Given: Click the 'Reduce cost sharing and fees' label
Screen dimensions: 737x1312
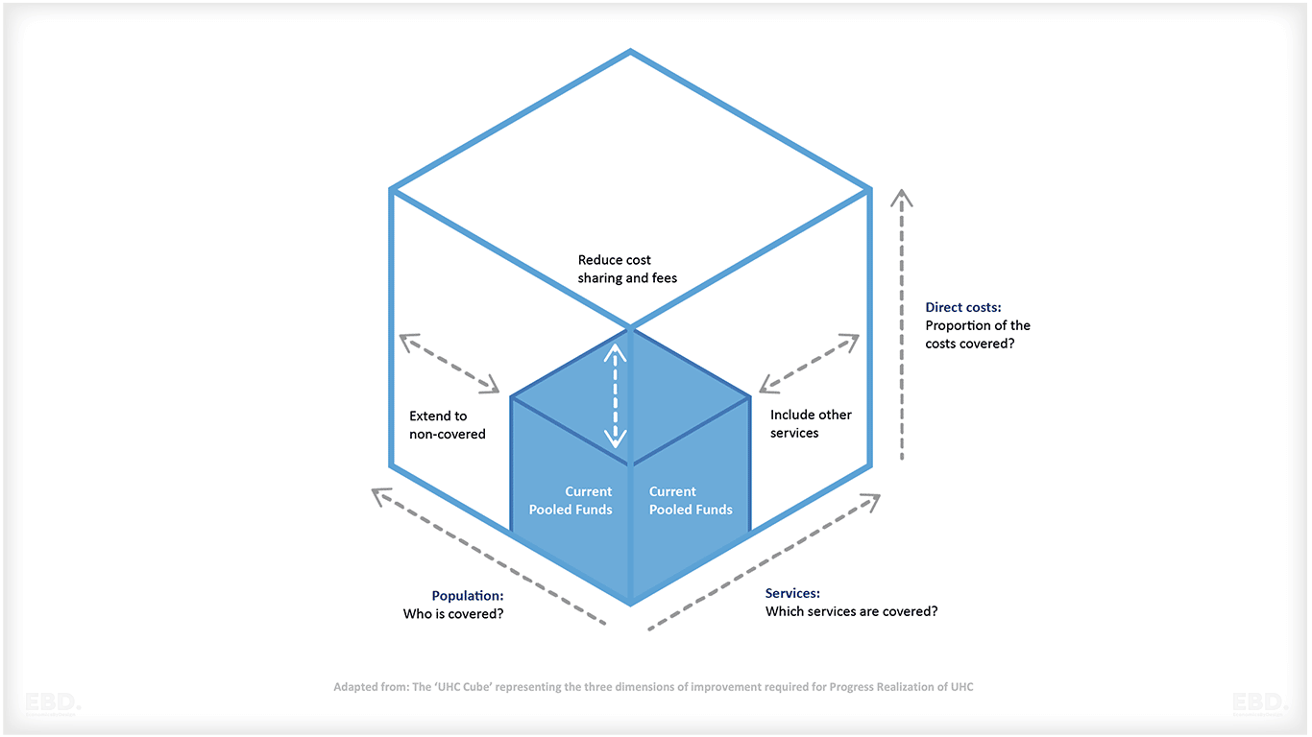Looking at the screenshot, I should pyautogui.click(x=627, y=270).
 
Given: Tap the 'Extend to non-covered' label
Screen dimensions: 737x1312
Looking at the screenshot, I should pyautogui.click(x=448, y=425).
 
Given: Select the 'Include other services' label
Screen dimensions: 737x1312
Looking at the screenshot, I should pyautogui.click(x=811, y=424).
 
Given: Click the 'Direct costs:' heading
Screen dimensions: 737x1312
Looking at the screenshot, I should pyautogui.click(x=963, y=308).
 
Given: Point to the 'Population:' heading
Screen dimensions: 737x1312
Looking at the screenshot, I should pyautogui.click(x=468, y=596).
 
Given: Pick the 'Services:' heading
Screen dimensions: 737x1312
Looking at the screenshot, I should pyautogui.click(x=792, y=594).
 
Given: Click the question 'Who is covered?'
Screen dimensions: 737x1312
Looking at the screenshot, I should pyautogui.click(x=453, y=614).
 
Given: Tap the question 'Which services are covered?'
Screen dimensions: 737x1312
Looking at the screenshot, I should pyautogui.click(x=851, y=611).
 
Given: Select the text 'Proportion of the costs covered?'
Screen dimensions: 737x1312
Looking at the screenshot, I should pyautogui.click(x=978, y=334).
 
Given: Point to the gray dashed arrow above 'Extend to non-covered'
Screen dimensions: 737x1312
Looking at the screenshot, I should pyautogui.click(x=449, y=363).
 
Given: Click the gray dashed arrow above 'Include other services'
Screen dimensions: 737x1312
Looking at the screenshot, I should pyautogui.click(x=809, y=364).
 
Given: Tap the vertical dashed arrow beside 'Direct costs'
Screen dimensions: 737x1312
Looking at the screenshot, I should pyautogui.click(x=901, y=324).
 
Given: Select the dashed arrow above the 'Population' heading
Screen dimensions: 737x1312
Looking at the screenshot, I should pyautogui.click(x=488, y=557).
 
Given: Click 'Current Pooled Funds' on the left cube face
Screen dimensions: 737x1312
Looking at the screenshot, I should pyautogui.click(x=571, y=501).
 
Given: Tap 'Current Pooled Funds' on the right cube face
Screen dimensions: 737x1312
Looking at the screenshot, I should pyautogui.click(x=691, y=501).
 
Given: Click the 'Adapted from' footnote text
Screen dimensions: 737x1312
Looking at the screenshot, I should pyautogui.click(x=653, y=687).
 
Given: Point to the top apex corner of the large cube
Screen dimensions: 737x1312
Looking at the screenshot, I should pyautogui.click(x=630, y=51).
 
